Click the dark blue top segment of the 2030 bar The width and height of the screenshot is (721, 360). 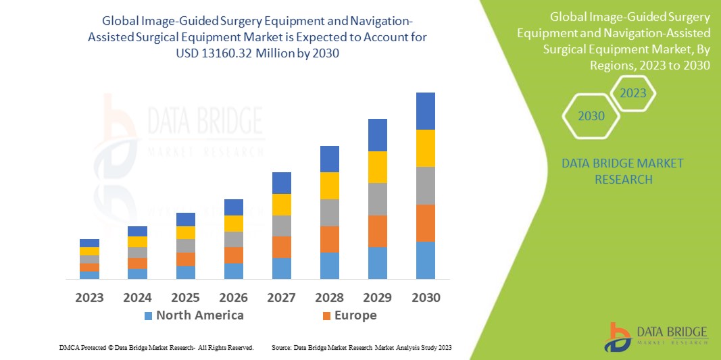click(425, 111)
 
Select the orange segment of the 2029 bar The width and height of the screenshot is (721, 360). click(377, 231)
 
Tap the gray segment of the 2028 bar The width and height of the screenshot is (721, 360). click(329, 212)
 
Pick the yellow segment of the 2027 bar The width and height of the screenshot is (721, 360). click(281, 204)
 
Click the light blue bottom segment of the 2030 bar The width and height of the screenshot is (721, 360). click(425, 260)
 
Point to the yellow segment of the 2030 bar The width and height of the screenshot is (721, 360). click(425, 148)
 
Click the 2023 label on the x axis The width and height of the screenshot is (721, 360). click(90, 297)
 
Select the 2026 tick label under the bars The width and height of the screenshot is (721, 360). click(234, 297)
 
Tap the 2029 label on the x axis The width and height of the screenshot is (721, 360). click(377, 297)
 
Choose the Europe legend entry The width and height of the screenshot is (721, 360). click(355, 315)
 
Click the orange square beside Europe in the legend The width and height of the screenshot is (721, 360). click(327, 316)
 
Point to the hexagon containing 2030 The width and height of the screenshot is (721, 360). click(591, 116)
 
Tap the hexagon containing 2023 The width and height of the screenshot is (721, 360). click(633, 93)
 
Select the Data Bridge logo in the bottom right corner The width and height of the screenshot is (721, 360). click(656, 336)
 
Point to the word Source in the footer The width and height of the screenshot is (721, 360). click(281, 347)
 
